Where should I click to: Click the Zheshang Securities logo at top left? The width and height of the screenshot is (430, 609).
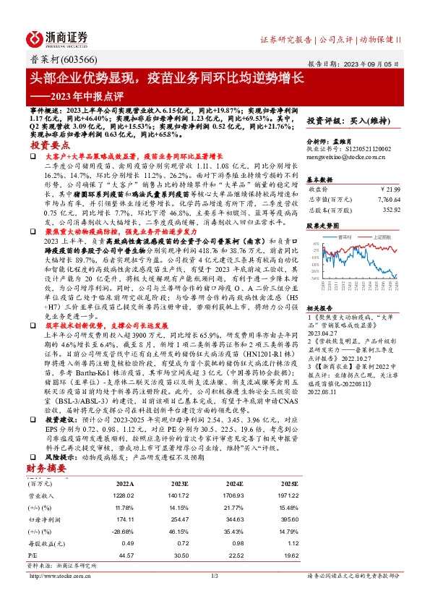pyautogui.click(x=57, y=38)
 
